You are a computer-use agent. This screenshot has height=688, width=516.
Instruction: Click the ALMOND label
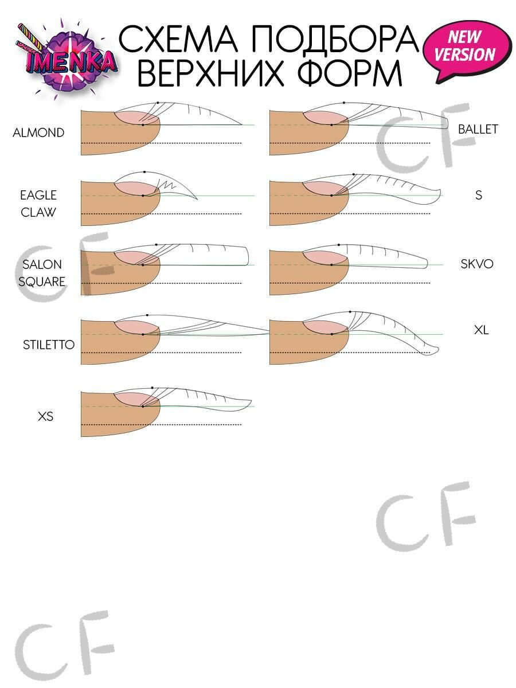(x=38, y=132)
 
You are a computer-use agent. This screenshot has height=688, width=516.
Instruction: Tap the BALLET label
(x=478, y=129)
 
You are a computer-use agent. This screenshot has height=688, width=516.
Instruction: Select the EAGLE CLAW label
(x=38, y=204)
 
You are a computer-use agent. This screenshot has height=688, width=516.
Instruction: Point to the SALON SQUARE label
(x=42, y=273)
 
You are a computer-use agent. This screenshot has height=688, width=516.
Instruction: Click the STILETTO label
(x=49, y=345)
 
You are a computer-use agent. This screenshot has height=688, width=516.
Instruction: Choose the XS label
(x=45, y=416)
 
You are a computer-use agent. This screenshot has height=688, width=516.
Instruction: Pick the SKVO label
(x=477, y=264)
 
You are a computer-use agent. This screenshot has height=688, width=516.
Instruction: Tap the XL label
(x=481, y=330)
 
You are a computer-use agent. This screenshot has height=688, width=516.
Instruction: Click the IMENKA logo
(x=67, y=60)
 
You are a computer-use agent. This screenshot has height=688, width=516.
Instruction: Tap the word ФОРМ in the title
(x=349, y=73)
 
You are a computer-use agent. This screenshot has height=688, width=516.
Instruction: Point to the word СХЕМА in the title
(x=178, y=39)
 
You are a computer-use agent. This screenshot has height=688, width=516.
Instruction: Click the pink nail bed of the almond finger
(x=137, y=118)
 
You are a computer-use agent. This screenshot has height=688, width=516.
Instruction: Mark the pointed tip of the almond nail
(x=242, y=125)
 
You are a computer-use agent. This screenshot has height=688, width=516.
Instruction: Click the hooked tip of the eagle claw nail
(x=197, y=199)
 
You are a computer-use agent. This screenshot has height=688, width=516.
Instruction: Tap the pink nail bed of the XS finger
(x=137, y=400)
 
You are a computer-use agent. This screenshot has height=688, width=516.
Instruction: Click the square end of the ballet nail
(x=446, y=122)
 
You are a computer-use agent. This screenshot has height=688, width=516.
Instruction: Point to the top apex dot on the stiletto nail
(x=147, y=315)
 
